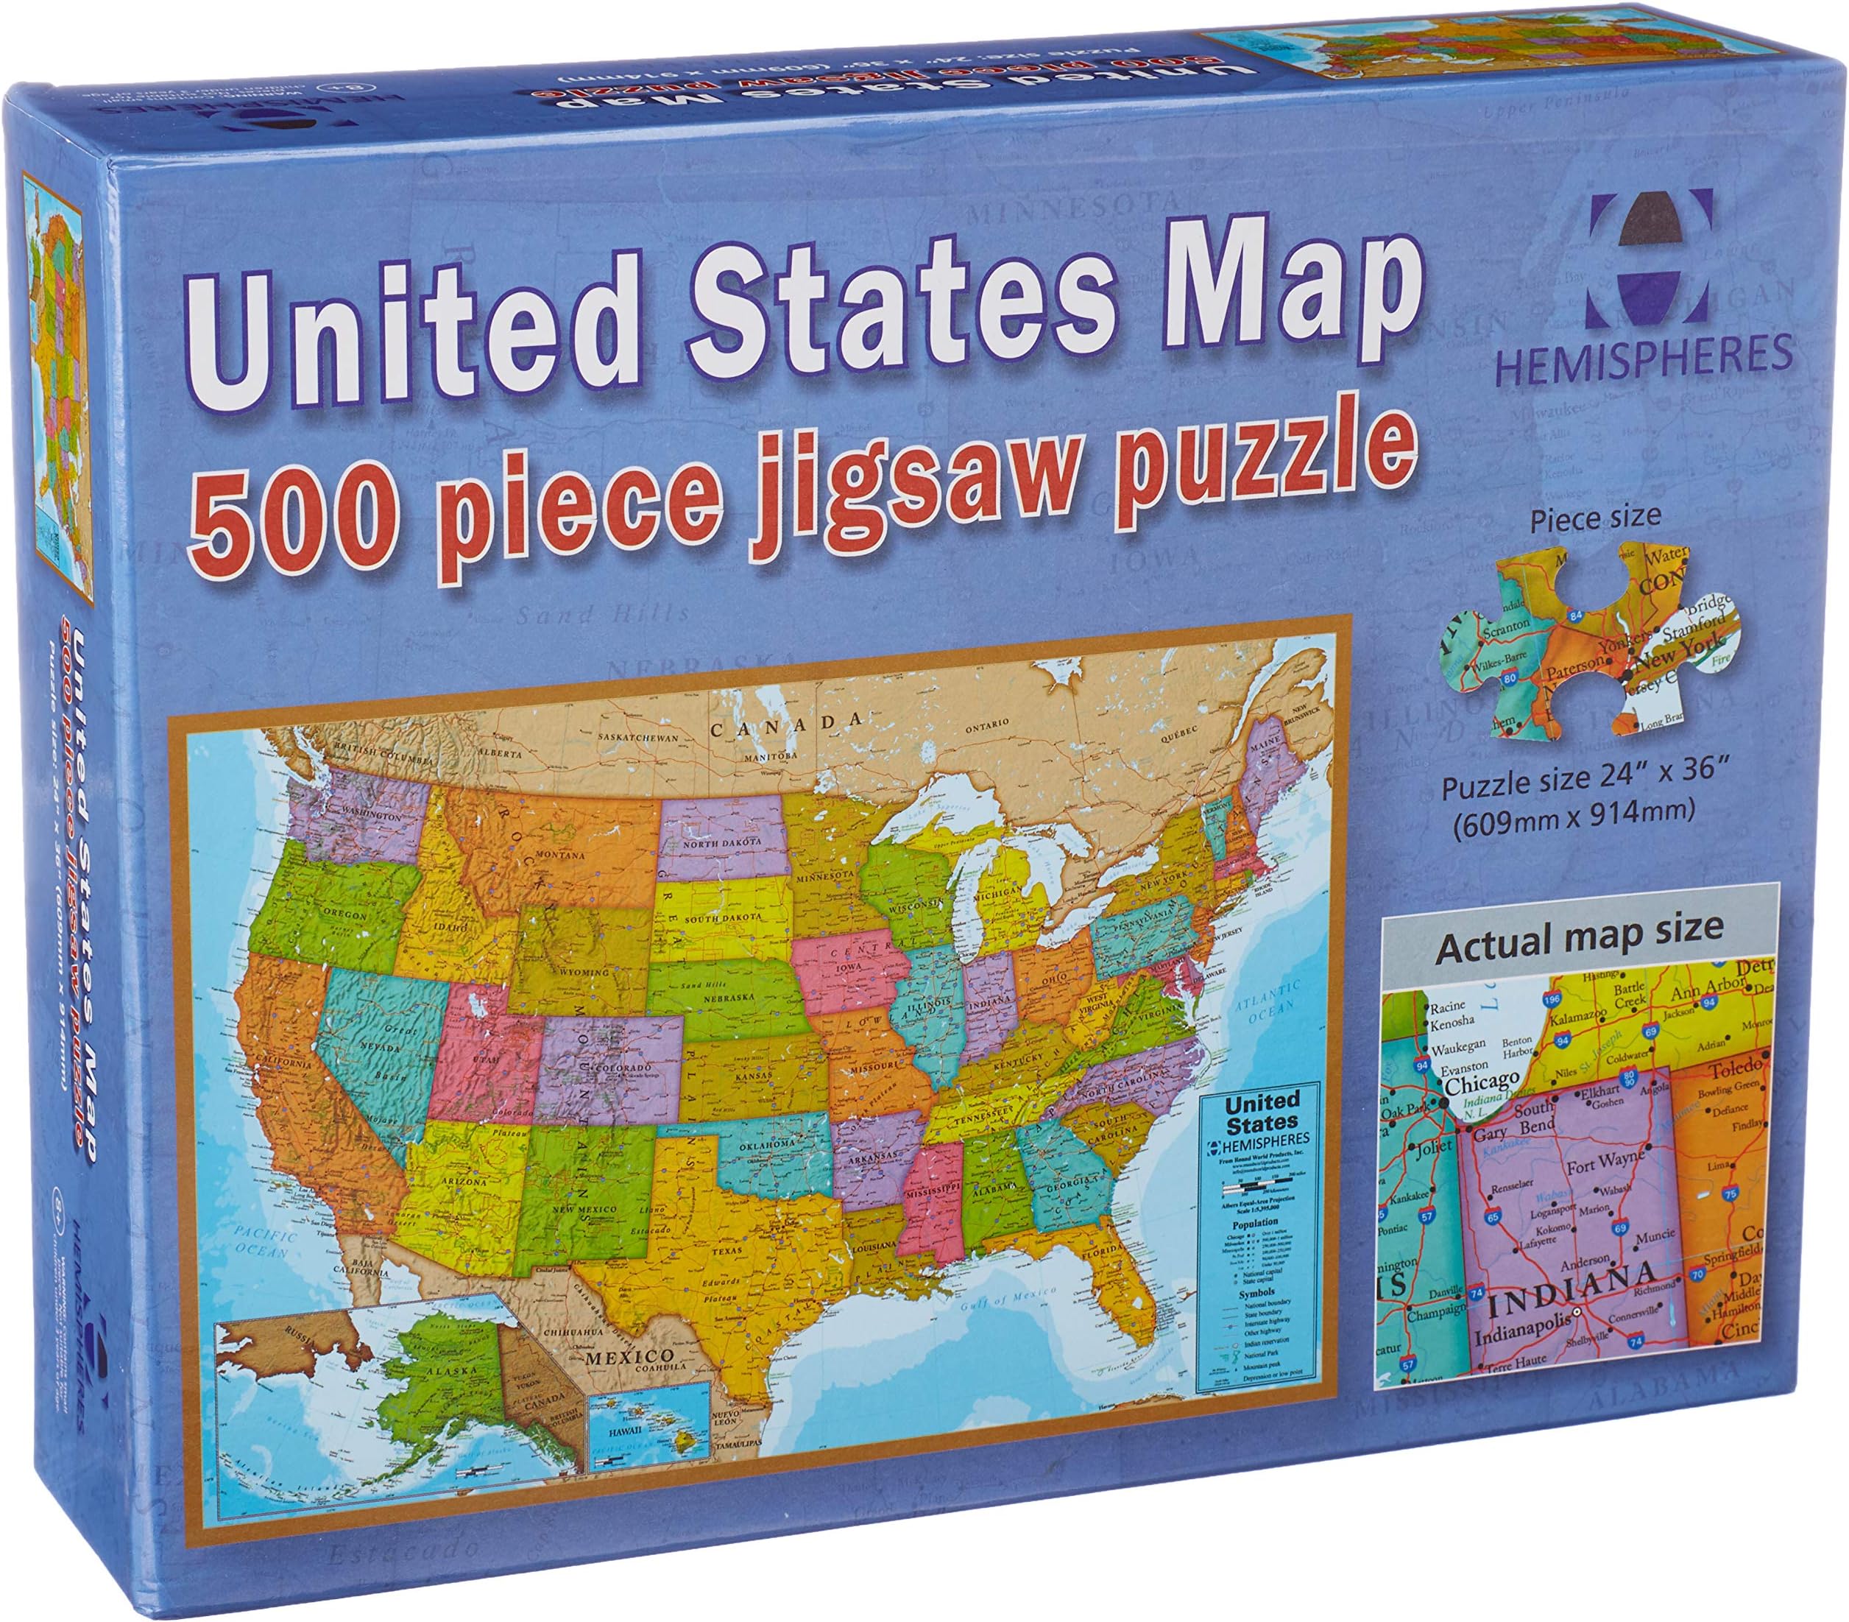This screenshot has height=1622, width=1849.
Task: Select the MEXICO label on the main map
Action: [629, 1357]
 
